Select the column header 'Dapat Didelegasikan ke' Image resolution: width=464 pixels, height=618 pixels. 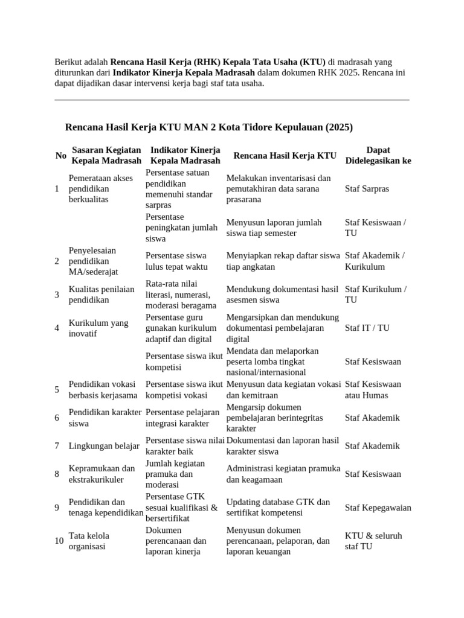coord(378,155)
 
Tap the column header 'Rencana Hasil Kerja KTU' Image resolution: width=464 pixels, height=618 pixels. coord(285,156)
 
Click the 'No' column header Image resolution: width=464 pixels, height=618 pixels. coord(60,156)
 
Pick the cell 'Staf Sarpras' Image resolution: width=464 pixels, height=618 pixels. coord(367,189)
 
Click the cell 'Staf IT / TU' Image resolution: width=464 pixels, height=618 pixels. coord(367,328)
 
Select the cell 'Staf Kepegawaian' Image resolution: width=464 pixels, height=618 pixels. coord(378,508)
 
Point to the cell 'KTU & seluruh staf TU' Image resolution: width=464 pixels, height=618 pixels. coord(373,541)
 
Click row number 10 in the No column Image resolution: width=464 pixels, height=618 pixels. coord(59,541)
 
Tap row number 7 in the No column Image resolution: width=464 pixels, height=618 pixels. coord(57,446)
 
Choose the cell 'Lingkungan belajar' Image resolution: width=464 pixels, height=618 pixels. coord(104,446)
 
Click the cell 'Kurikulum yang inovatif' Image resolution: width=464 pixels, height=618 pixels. coord(98,328)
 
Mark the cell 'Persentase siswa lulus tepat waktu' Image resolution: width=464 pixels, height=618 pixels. coord(176,261)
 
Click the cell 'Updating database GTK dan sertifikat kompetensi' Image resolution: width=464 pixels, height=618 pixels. coord(279,508)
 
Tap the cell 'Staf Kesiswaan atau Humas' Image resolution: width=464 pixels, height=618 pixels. coord(373,390)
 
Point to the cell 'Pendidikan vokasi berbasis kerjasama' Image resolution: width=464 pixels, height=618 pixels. coord(103,390)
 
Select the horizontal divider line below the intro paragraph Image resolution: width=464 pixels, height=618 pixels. coord(231,100)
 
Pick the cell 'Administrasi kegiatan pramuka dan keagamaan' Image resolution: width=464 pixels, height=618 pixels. coord(283,474)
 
